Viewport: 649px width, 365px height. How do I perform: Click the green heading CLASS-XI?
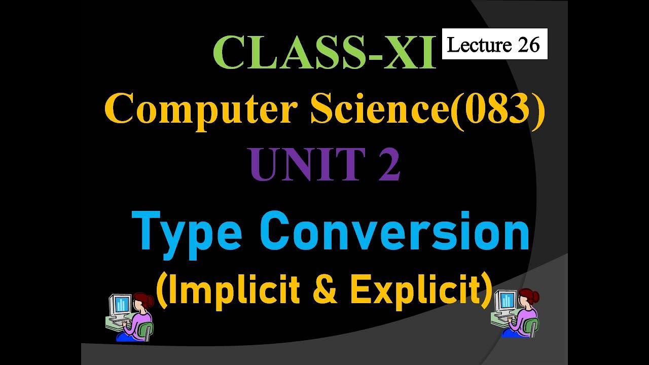click(324, 53)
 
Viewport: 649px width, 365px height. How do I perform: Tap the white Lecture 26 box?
click(494, 44)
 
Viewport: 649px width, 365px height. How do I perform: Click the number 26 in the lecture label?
click(529, 45)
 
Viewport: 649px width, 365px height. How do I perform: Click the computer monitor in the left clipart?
click(121, 305)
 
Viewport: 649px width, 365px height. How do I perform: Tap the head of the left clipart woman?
click(142, 302)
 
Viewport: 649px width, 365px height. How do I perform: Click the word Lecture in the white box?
click(479, 45)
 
